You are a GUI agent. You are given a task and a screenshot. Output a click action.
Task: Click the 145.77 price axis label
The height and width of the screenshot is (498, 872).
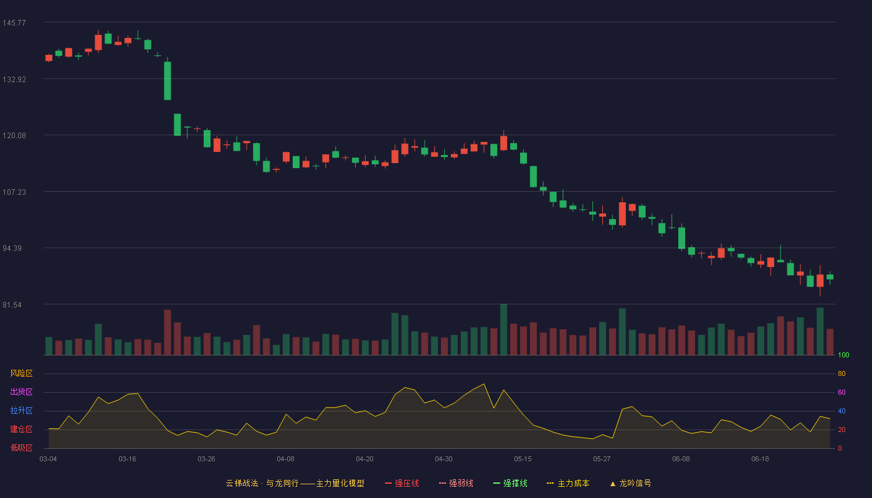click(14, 23)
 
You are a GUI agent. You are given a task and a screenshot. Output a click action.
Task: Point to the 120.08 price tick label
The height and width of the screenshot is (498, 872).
click(14, 136)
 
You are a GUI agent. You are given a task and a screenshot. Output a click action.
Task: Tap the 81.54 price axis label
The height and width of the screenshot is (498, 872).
click(12, 305)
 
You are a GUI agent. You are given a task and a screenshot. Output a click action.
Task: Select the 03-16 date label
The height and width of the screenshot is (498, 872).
click(127, 459)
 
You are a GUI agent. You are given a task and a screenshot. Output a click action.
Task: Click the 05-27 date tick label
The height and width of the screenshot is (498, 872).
click(602, 459)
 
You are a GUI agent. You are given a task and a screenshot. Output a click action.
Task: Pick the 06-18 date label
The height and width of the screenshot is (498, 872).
click(760, 459)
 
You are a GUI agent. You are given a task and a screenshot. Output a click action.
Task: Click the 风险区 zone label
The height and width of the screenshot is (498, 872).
click(21, 374)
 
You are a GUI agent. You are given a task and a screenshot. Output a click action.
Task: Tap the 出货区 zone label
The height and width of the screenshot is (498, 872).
click(21, 392)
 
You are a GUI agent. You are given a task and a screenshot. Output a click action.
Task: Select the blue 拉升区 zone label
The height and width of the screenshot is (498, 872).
click(21, 410)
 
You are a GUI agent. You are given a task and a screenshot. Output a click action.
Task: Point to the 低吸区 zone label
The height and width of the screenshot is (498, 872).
click(21, 448)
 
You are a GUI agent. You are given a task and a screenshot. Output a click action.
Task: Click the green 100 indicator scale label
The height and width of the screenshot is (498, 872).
click(843, 355)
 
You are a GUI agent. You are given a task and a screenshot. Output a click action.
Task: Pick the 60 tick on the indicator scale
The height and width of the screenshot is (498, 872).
click(841, 392)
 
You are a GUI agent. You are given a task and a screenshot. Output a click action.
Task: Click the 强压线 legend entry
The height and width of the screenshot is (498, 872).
click(402, 483)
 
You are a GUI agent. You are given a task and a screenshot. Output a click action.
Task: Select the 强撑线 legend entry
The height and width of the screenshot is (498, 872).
click(510, 483)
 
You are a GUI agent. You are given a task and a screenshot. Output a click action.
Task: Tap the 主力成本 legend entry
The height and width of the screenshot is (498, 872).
click(568, 483)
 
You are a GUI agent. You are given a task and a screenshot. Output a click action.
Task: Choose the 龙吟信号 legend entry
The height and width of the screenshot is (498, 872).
click(630, 483)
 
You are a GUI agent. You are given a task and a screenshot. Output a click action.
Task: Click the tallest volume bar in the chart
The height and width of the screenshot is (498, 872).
click(504, 329)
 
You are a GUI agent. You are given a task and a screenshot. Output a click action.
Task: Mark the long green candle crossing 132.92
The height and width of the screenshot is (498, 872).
click(168, 80)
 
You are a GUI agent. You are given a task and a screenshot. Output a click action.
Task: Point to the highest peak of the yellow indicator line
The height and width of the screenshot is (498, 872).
click(484, 384)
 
